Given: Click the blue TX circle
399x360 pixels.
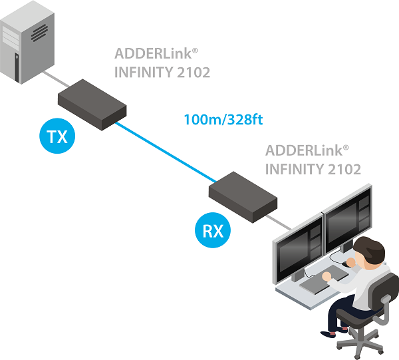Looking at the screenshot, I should [x=57, y=138].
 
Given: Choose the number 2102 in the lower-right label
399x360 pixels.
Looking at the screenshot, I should [x=344, y=170].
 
